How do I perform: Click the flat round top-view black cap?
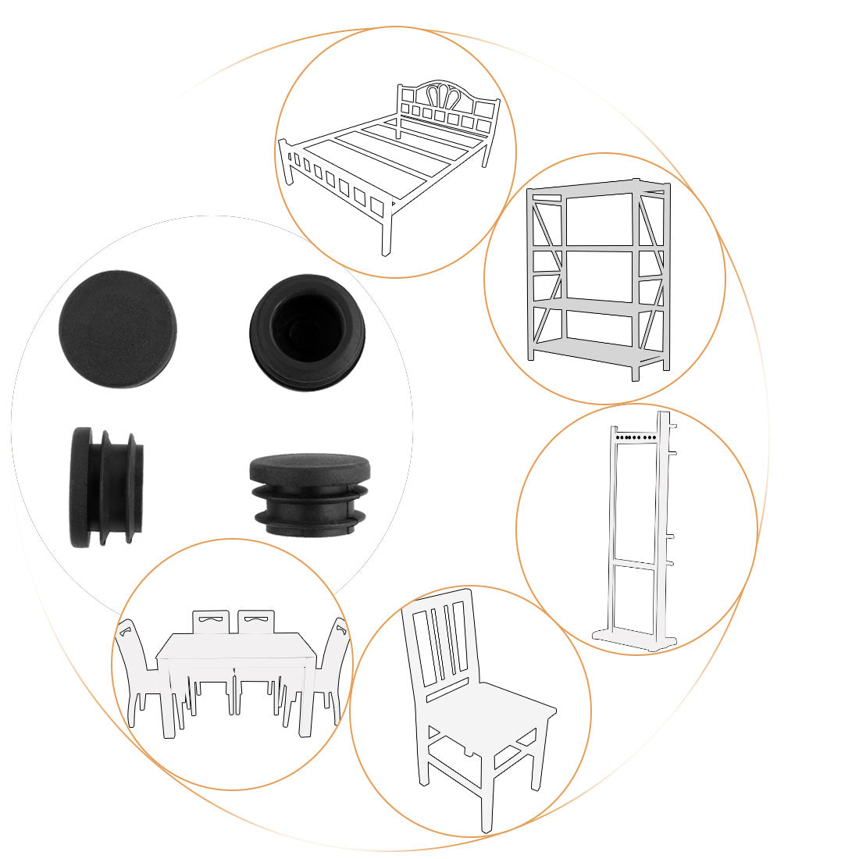118,329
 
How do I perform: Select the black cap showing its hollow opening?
308,332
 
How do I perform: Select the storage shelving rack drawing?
599,277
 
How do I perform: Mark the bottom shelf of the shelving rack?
597,351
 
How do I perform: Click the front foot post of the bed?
386,234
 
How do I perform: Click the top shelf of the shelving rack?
597,188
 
